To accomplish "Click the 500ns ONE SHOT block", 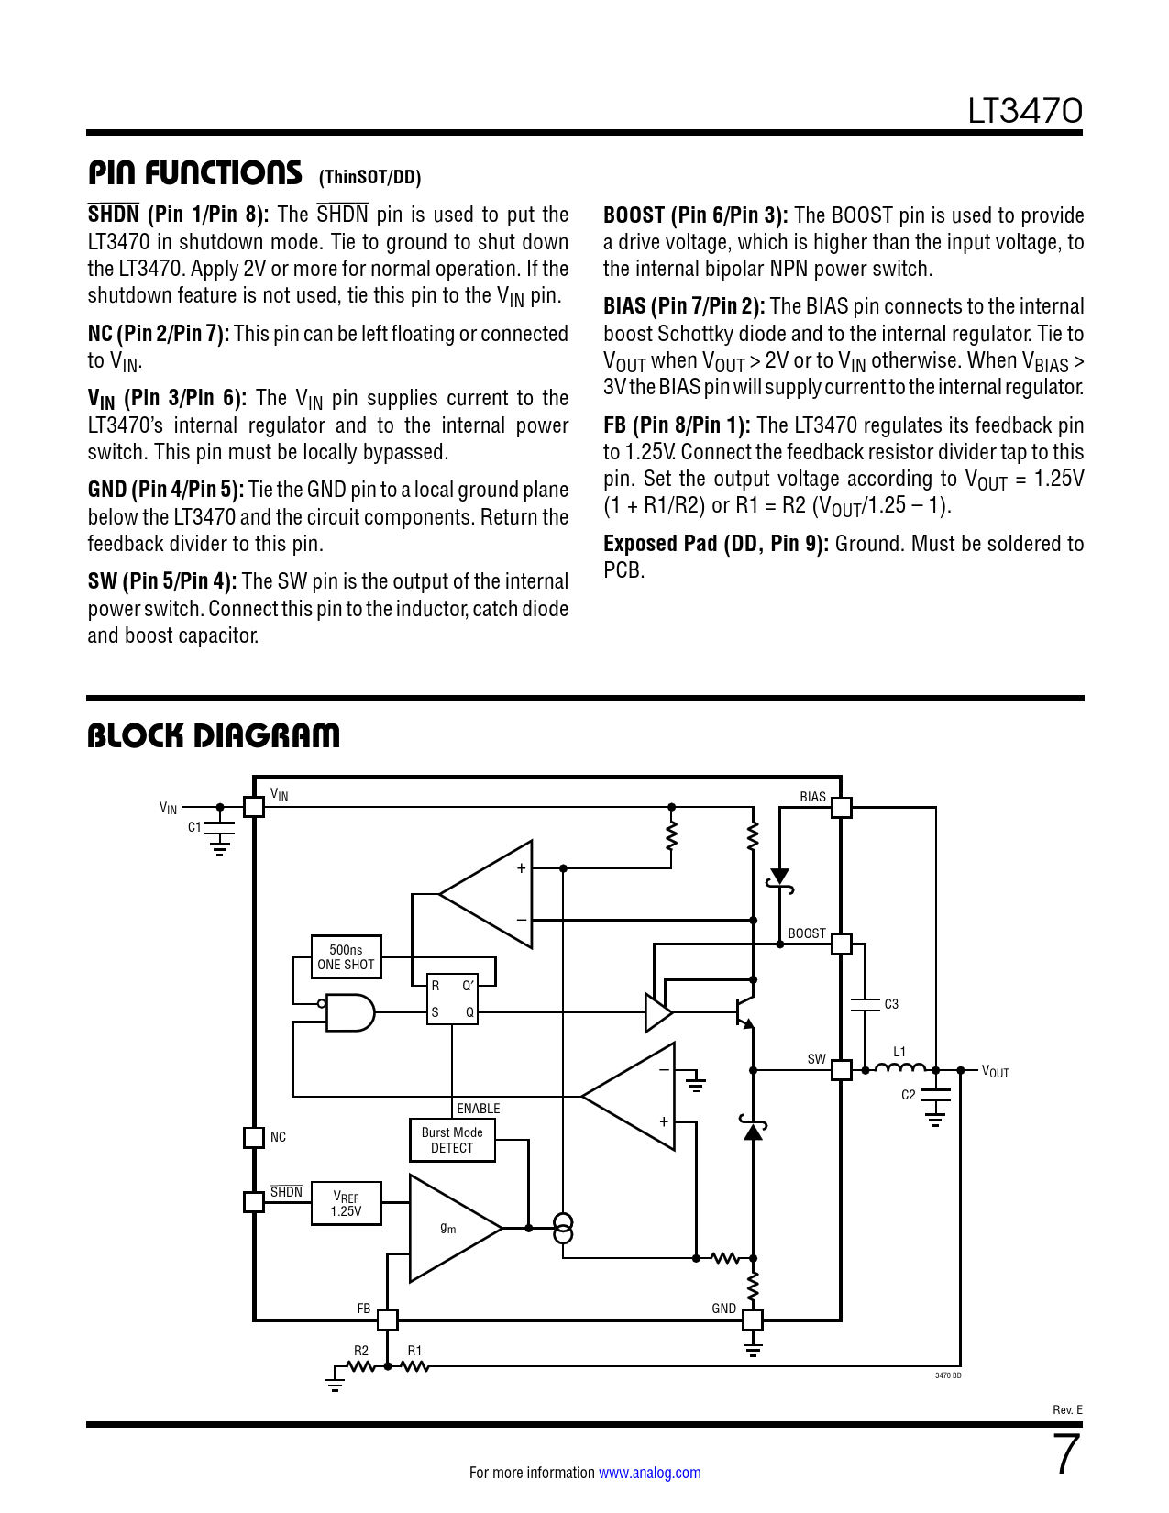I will (346, 957).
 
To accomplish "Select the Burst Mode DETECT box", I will (452, 1140).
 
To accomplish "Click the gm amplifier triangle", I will (449, 1229).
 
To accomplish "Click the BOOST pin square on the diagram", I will (841, 944).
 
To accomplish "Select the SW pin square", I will (841, 1070).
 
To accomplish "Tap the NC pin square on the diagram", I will (254, 1137).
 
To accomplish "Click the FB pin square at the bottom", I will (388, 1320).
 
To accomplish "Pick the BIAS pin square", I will (841, 808).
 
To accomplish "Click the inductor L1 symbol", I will (899, 1067).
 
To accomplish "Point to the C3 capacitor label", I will (891, 1004).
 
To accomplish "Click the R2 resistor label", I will (361, 1351).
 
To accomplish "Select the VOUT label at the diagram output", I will (995, 1072).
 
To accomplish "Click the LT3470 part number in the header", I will (1025, 112).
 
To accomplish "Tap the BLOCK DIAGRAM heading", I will (214, 735).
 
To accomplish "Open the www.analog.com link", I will (649, 1473).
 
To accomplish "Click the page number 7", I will (1066, 1454).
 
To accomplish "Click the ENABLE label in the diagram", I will (479, 1109).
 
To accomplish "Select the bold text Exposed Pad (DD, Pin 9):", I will (715, 544).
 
